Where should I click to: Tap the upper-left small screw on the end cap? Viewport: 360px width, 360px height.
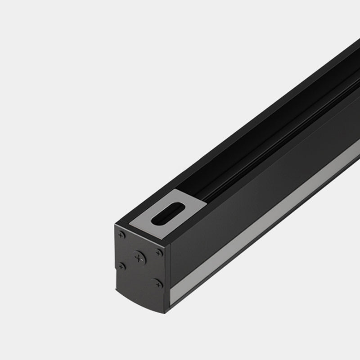[121, 235]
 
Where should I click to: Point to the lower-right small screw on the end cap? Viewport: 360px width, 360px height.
[157, 283]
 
